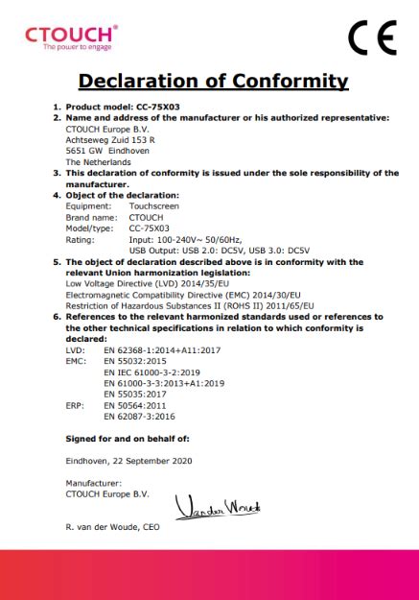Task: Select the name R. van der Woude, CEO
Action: coord(113,527)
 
